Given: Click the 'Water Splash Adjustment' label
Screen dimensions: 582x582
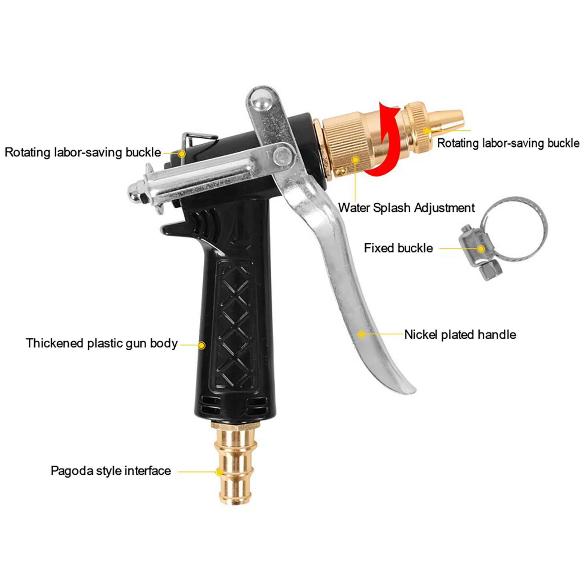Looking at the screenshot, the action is point(406,208).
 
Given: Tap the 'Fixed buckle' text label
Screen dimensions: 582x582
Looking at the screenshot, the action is point(398,248).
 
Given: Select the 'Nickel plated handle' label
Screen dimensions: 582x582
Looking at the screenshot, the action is point(460,335).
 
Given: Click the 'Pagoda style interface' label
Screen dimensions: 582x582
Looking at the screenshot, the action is point(111,471).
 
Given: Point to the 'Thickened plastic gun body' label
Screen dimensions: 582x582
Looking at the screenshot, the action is point(101,343).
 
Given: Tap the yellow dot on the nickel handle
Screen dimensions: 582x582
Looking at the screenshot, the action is point(361,334).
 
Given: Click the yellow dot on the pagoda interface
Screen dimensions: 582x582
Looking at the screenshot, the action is point(219,472).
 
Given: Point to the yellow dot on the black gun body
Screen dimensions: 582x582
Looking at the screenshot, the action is point(201,345).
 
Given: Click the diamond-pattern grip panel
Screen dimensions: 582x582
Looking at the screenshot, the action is point(235,324).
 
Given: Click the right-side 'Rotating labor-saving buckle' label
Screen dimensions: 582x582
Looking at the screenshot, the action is point(508,143).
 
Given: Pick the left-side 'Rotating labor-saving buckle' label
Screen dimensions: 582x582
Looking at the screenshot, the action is point(83,152).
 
